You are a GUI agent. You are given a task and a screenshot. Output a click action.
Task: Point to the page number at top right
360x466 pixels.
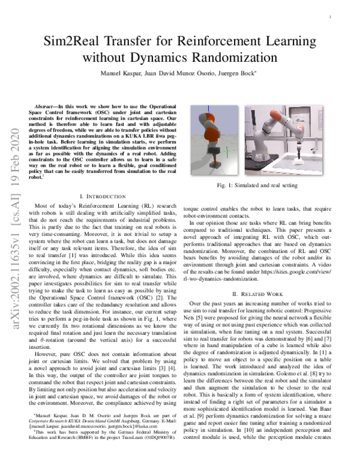click(x=331, y=17)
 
